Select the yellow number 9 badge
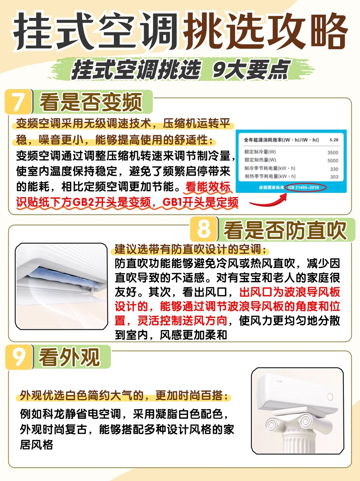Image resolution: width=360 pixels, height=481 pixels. (19, 357)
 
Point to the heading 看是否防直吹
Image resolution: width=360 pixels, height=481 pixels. (285, 230)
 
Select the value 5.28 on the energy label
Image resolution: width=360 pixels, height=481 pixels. (334, 140)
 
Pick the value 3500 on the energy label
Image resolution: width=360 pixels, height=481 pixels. (333, 153)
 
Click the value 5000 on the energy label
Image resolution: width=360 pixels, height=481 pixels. (333, 161)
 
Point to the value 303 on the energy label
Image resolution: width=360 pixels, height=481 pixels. (334, 177)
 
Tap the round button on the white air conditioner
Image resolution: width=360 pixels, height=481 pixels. (330, 397)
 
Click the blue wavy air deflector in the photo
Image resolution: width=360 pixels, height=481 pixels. (64, 279)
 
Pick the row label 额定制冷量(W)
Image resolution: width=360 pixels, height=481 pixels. (260, 152)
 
